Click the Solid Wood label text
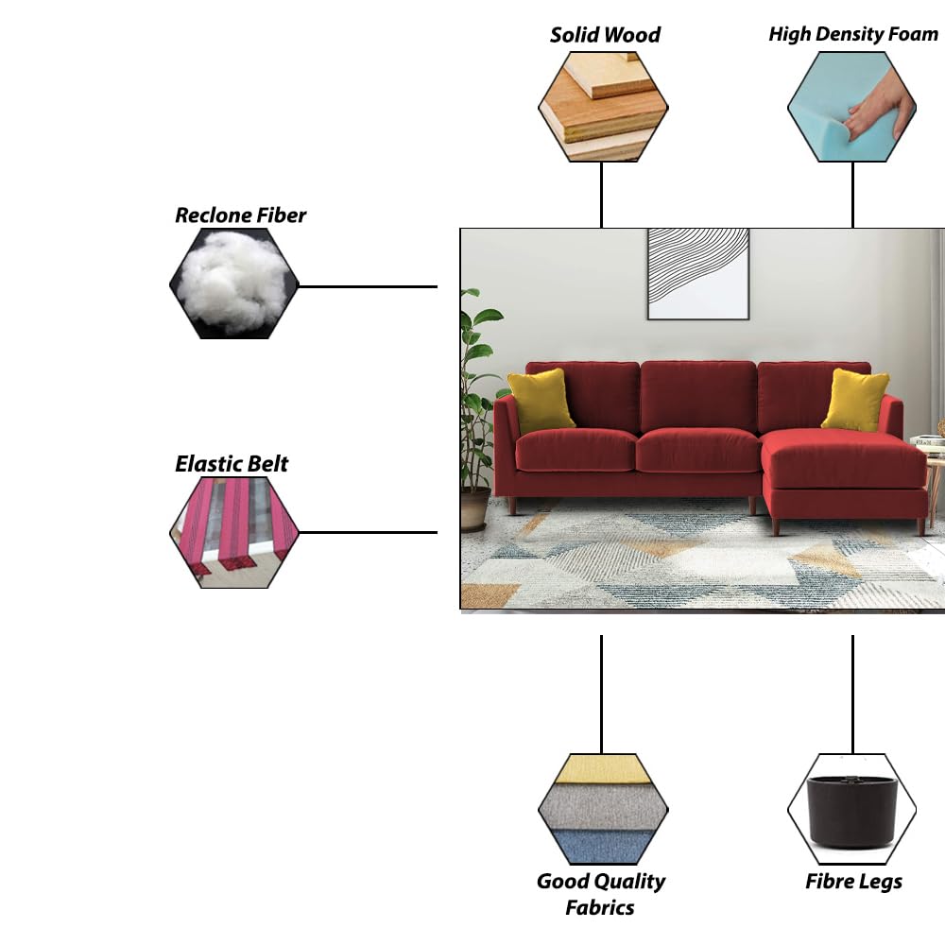(605, 35)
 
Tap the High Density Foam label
(853, 35)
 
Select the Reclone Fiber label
(241, 215)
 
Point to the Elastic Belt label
(232, 464)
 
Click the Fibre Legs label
(853, 882)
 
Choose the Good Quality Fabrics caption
(601, 894)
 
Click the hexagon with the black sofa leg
(852, 809)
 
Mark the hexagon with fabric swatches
(603, 809)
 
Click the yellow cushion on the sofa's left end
(541, 400)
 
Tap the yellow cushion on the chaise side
(855, 399)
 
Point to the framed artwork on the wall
(698, 273)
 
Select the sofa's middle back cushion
(698, 395)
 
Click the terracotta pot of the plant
(475, 507)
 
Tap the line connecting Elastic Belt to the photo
(369, 533)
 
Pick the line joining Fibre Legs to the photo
(852, 695)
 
